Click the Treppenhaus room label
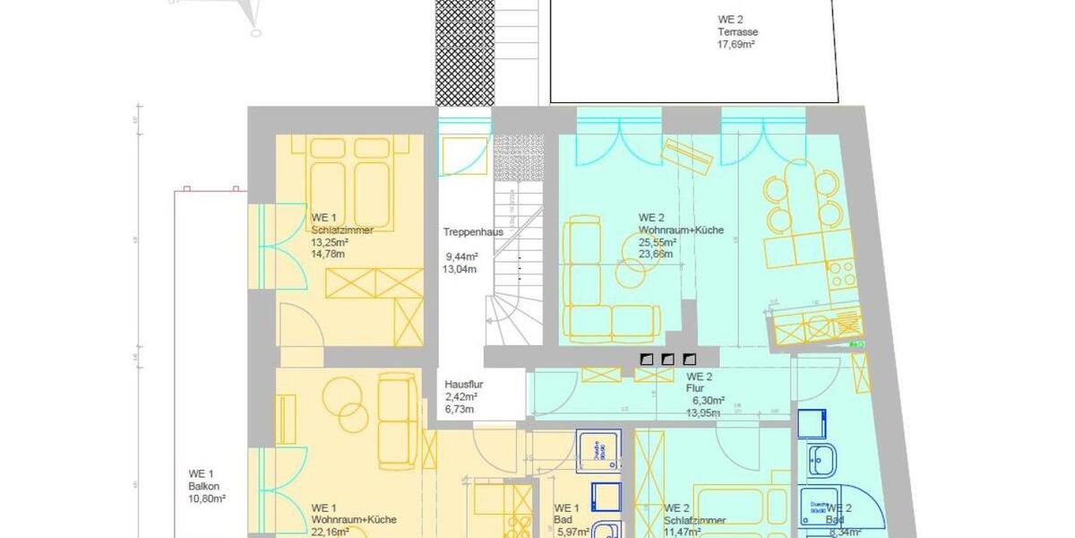[x=472, y=232]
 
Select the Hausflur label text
[x=464, y=384]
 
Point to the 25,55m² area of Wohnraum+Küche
[x=658, y=242]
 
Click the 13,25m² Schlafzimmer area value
[x=329, y=242]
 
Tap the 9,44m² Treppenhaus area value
[x=461, y=256]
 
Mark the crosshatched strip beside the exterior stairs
[x=463, y=52]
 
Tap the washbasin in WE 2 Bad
[x=823, y=459]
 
